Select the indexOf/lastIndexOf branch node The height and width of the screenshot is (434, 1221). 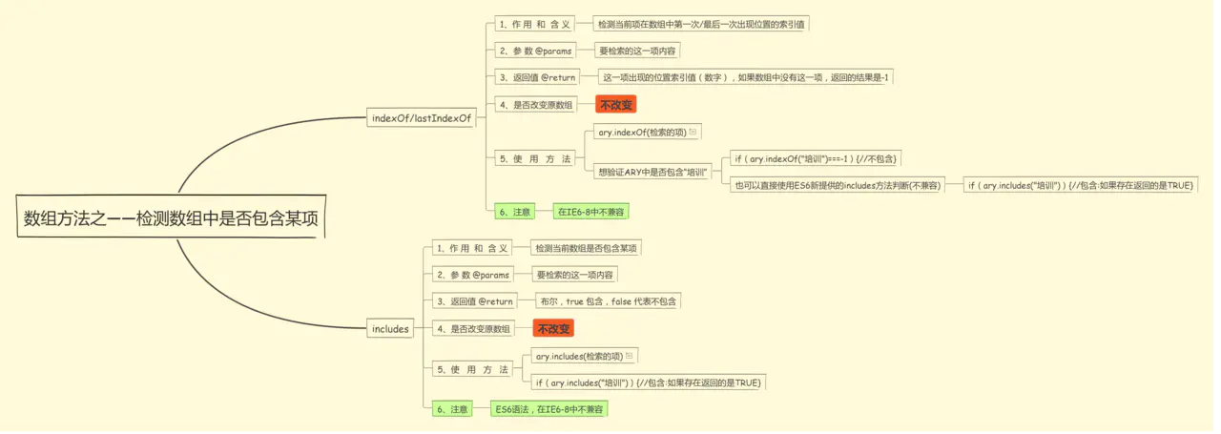pyautogui.click(x=422, y=118)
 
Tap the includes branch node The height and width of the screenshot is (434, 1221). pyautogui.click(x=390, y=329)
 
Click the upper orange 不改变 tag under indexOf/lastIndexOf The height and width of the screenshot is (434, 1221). pyautogui.click(x=616, y=105)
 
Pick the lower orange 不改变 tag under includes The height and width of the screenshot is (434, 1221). pyautogui.click(x=553, y=329)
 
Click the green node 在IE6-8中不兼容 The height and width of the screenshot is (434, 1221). pyautogui.click(x=592, y=212)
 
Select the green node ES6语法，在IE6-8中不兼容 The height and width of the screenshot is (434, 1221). pyautogui.click(x=549, y=409)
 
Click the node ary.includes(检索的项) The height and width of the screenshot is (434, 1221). pyautogui.click(x=579, y=356)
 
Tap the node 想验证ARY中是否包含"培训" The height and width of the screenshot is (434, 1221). pyautogui.click(x=652, y=173)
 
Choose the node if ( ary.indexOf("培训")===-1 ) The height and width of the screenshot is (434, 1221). pyautogui.click(x=816, y=158)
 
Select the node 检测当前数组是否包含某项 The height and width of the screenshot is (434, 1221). pyautogui.click(x=586, y=248)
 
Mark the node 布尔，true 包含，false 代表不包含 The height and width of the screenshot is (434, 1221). pyautogui.click(x=609, y=301)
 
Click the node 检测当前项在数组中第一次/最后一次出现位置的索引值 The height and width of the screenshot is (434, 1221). pyautogui.click(x=701, y=24)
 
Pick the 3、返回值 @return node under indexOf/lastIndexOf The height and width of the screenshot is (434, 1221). pyautogui.click(x=537, y=77)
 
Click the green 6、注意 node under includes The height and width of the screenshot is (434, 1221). pyautogui.click(x=452, y=409)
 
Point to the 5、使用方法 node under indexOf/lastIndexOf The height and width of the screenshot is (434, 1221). pyautogui.click(x=535, y=159)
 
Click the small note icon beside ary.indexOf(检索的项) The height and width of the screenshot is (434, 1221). pyautogui.click(x=693, y=133)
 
